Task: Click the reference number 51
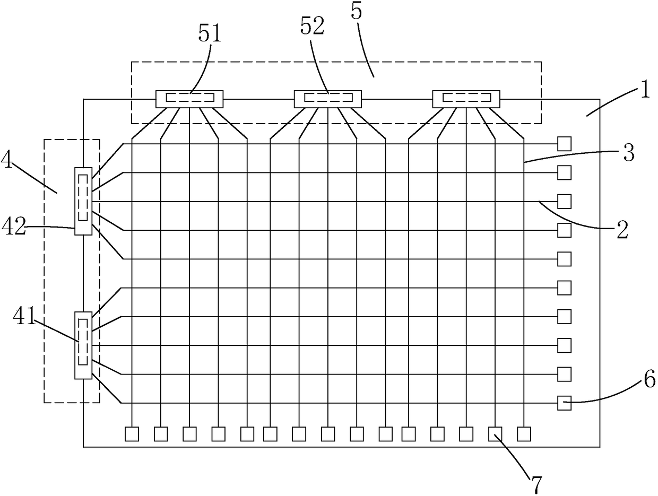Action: pyautogui.click(x=210, y=34)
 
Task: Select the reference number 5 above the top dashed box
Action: pyautogui.click(x=357, y=13)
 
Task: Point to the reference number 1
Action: pyautogui.click(x=644, y=90)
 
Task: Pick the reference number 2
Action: pyautogui.click(x=621, y=230)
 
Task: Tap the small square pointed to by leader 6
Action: pyautogui.click(x=564, y=403)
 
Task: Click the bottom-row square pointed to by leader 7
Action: pyautogui.click(x=495, y=434)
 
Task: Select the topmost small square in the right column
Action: pyautogui.click(x=564, y=144)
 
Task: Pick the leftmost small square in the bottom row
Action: pyautogui.click(x=132, y=434)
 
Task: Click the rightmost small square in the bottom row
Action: pyautogui.click(x=524, y=434)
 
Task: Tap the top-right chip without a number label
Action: pyautogui.click(x=466, y=99)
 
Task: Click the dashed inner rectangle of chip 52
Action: pyautogui.click(x=328, y=98)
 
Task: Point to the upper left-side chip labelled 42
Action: pyautogui.click(x=83, y=201)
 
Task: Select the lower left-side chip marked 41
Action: pyautogui.click(x=83, y=345)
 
